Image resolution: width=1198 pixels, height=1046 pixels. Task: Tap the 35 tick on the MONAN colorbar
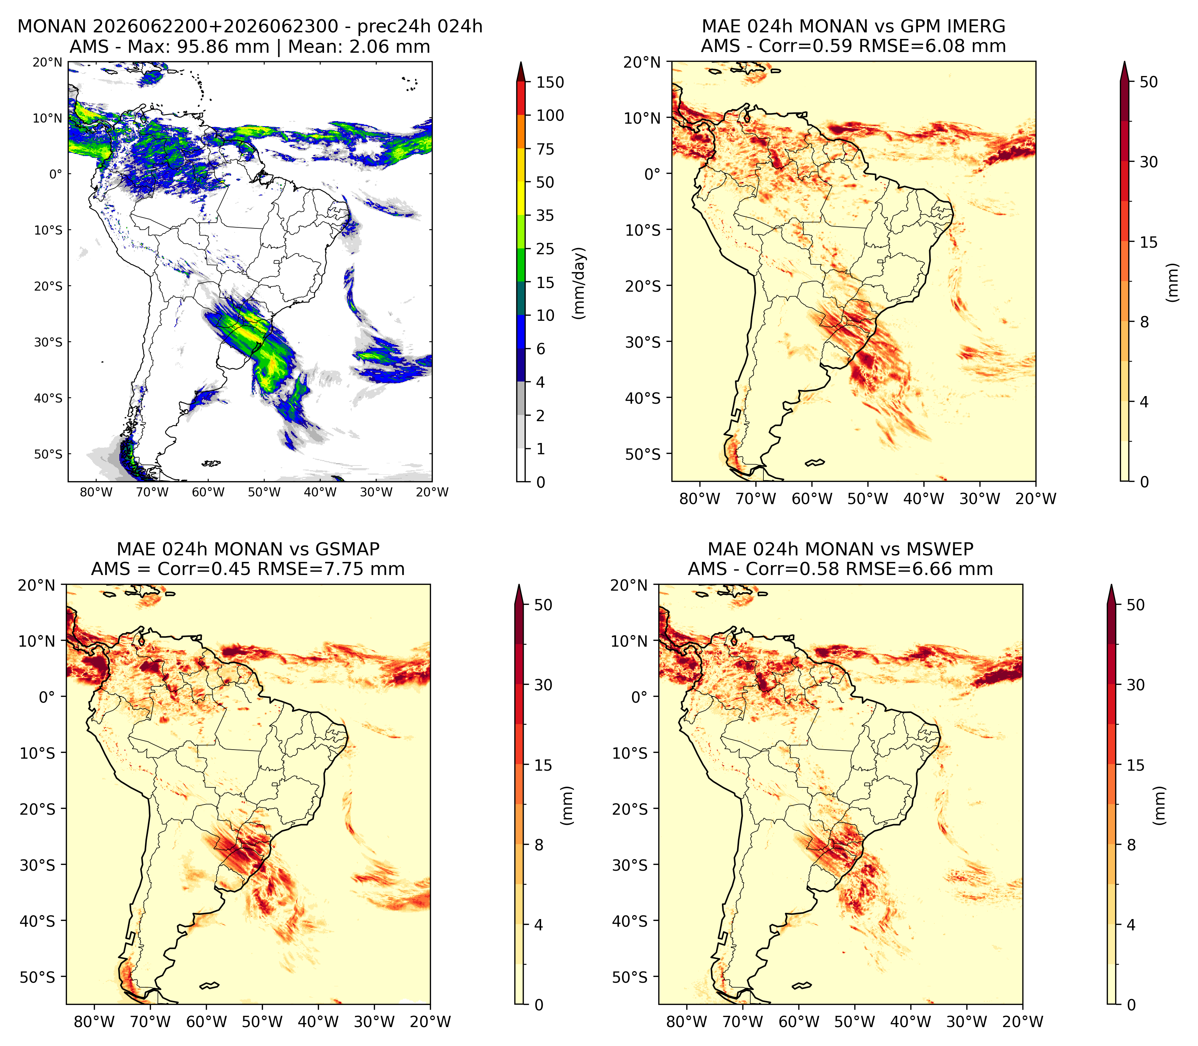coord(545,215)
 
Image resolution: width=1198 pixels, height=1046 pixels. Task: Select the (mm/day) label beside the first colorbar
coord(579,283)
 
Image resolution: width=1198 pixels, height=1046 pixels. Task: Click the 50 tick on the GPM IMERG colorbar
coord(1149,82)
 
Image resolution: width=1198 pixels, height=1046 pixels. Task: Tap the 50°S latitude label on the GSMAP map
coord(37,977)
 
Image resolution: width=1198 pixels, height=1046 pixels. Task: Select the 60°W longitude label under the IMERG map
coord(812,499)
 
